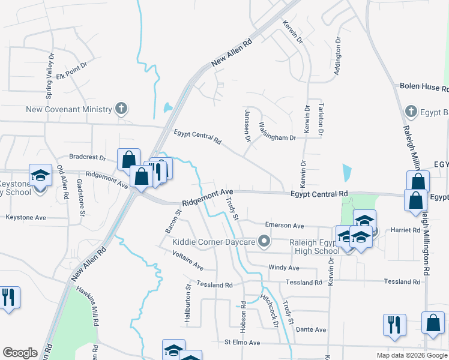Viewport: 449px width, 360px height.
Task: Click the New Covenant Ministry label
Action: [x=69, y=109]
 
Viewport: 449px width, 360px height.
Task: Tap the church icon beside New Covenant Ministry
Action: [x=121, y=109]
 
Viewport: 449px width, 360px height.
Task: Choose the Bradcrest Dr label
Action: [x=87, y=158]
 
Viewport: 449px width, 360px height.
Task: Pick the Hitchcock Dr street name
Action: [x=269, y=310]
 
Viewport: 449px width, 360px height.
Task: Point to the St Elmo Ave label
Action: [x=242, y=343]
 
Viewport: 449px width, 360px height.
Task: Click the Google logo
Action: [x=20, y=353]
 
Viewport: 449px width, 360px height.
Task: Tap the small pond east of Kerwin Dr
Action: [x=348, y=173]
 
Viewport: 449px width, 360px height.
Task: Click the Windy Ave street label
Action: [x=284, y=267]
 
